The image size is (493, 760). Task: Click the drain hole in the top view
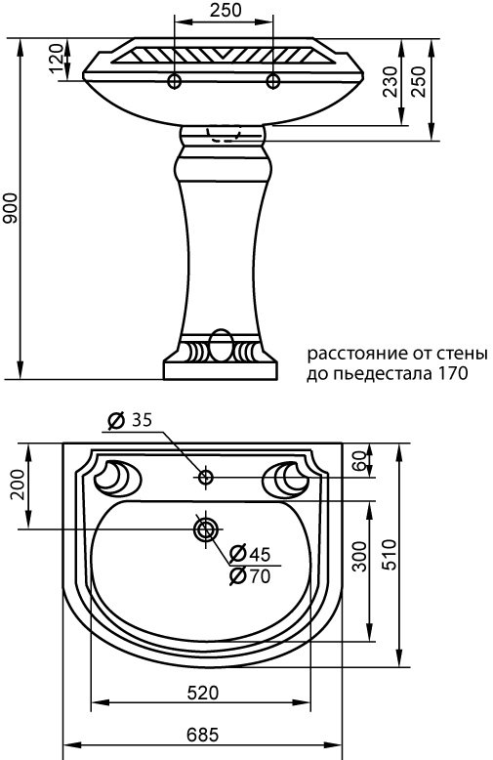(x=205, y=529)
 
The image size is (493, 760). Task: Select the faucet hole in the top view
(x=205, y=478)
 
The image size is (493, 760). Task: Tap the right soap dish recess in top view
(x=290, y=477)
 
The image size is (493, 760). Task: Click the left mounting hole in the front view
(x=176, y=79)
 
